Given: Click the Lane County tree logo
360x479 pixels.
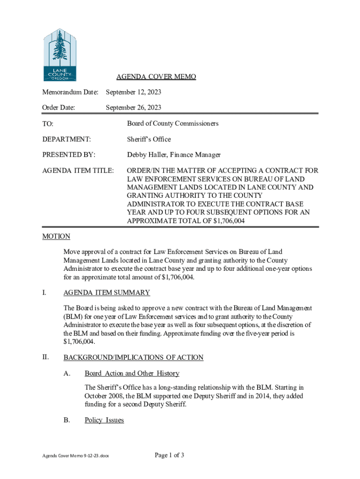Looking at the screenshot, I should tap(59, 55).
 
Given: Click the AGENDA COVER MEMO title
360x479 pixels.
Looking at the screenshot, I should tap(156, 77).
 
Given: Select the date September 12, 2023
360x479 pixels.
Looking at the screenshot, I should tap(133, 93).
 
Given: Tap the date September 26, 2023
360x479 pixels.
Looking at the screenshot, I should tap(133, 108).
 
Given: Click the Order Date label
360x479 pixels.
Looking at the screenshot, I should tap(58, 108).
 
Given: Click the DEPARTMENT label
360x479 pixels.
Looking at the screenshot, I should tap(66, 139).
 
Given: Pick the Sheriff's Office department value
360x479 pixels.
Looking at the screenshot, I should tap(149, 139).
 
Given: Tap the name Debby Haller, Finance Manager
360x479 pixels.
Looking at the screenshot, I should tap(173, 154).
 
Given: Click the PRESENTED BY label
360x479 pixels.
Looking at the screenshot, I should tap(69, 154).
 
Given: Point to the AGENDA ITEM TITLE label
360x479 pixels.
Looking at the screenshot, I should tap(78, 171).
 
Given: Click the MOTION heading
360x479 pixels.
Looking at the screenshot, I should tap(56, 236).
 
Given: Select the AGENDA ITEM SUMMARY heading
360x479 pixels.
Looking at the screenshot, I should tap(107, 293).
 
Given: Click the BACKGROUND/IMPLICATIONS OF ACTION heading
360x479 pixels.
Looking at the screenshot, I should tap(133, 357).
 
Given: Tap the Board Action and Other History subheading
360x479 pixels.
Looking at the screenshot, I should tap(132, 373).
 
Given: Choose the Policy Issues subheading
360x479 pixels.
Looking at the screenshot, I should tap(104, 420).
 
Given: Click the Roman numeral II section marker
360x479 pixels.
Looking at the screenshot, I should tap(45, 357).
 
